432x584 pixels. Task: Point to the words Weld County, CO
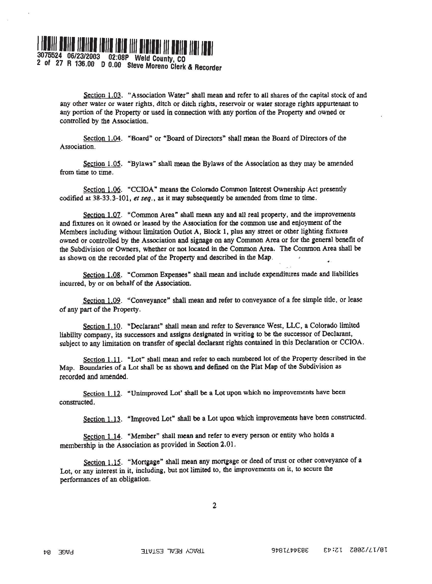click(160, 58)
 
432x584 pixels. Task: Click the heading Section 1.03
click(102, 95)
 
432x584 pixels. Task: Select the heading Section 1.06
click(102, 189)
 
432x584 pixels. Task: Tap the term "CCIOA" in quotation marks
click(142, 189)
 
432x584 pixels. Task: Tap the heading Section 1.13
click(102, 419)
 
